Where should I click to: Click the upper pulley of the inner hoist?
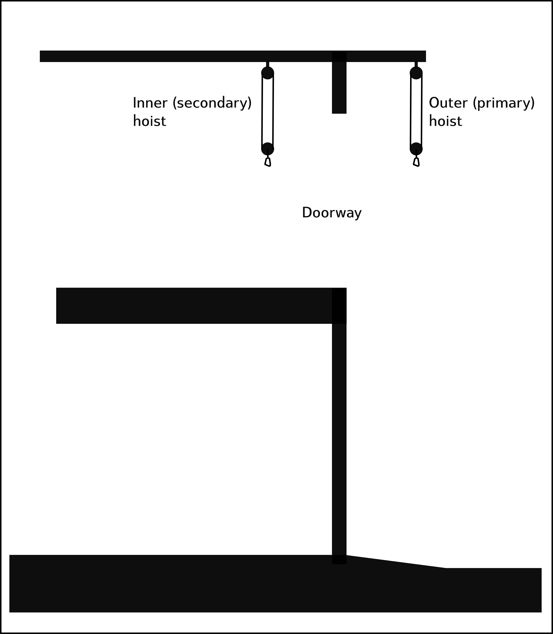[x=268, y=73]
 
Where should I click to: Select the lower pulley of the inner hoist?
[x=268, y=149]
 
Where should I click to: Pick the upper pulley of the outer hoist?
[x=416, y=73]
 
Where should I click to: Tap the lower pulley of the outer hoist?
[x=416, y=149]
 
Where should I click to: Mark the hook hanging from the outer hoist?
[x=416, y=162]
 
